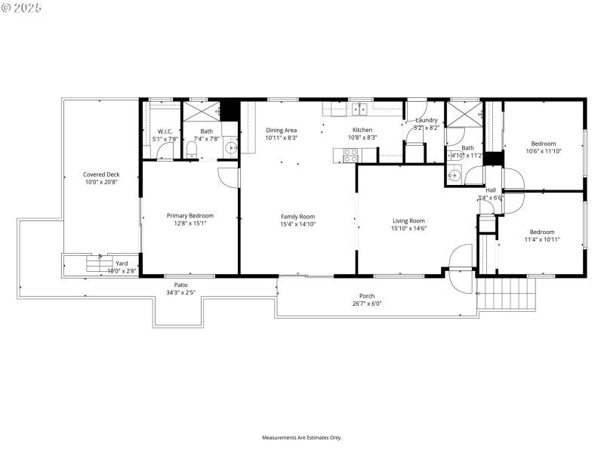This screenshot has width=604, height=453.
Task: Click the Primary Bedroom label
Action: click(190, 215)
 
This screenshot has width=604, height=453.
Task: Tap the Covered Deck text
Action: click(101, 174)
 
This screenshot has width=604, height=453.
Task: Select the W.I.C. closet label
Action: click(165, 131)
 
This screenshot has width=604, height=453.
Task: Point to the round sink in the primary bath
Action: click(231, 147)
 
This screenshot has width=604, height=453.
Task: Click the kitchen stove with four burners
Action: click(351, 155)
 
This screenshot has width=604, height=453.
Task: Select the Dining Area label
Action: click(281, 130)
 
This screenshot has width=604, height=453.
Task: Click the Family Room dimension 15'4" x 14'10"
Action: click(297, 224)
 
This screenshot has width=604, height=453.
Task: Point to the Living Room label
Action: click(408, 220)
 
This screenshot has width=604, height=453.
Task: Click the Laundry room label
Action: click(427, 120)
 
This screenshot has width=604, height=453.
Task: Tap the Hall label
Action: click(491, 190)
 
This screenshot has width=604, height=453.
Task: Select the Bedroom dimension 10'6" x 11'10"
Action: click(543, 151)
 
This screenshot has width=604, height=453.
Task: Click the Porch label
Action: click(367, 296)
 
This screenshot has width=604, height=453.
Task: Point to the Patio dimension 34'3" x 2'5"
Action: click(181, 292)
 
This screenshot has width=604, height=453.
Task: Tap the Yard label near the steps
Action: click(122, 263)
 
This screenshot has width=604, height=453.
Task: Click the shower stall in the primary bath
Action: click(201, 110)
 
